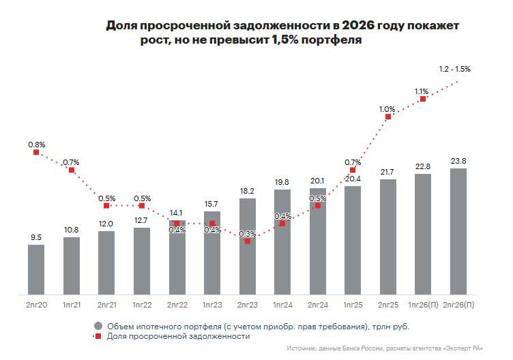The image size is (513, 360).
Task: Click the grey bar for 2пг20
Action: tap(36, 269)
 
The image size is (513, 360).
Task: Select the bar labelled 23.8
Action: tap(458, 232)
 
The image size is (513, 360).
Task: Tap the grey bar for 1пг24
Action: tap(282, 242)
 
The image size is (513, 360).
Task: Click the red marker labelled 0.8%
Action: tap(36, 152)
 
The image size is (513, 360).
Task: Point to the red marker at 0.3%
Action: tap(247, 241)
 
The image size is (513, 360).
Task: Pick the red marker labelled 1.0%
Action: tap(388, 117)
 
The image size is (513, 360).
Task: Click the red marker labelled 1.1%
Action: tap(423, 99)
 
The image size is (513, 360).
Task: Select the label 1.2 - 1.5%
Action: tap(455, 69)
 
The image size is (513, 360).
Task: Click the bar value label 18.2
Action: tap(247, 191)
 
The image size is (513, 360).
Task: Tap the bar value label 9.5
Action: tap(36, 237)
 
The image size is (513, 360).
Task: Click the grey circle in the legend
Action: tap(98, 325)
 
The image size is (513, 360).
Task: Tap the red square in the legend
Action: tap(98, 336)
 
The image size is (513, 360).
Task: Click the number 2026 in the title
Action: tap(358, 25)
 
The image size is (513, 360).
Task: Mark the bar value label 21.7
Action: tap(387, 171)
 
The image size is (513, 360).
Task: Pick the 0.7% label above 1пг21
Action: tap(71, 162)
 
